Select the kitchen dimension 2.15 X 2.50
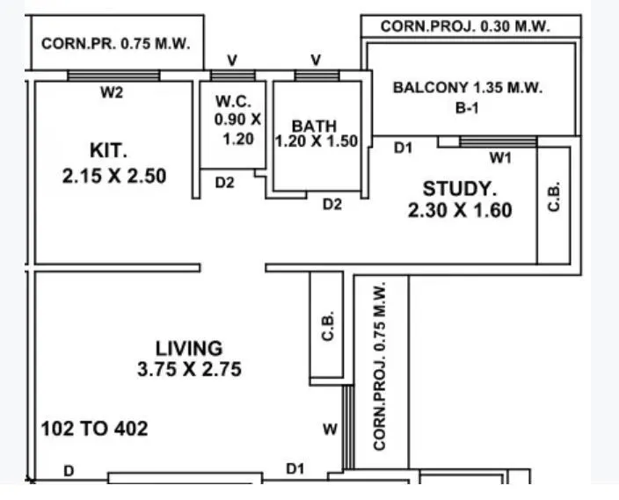coord(114,176)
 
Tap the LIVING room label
coord(189,348)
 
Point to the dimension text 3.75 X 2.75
coord(189,370)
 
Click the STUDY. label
coord(460,188)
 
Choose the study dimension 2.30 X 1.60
coord(460,210)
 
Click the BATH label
coord(314,127)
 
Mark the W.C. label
coord(232,101)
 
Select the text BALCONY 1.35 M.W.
coord(468,88)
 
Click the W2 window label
coord(112,93)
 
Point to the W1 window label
coord(500,158)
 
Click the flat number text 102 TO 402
coord(95,430)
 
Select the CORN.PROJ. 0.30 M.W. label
coord(465,27)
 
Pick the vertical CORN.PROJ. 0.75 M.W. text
coord(381,366)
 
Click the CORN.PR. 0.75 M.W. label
coord(116,43)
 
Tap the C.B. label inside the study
coord(553,198)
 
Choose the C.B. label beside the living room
coord(327,328)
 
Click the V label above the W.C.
coord(232,60)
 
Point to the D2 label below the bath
coord(331,204)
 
